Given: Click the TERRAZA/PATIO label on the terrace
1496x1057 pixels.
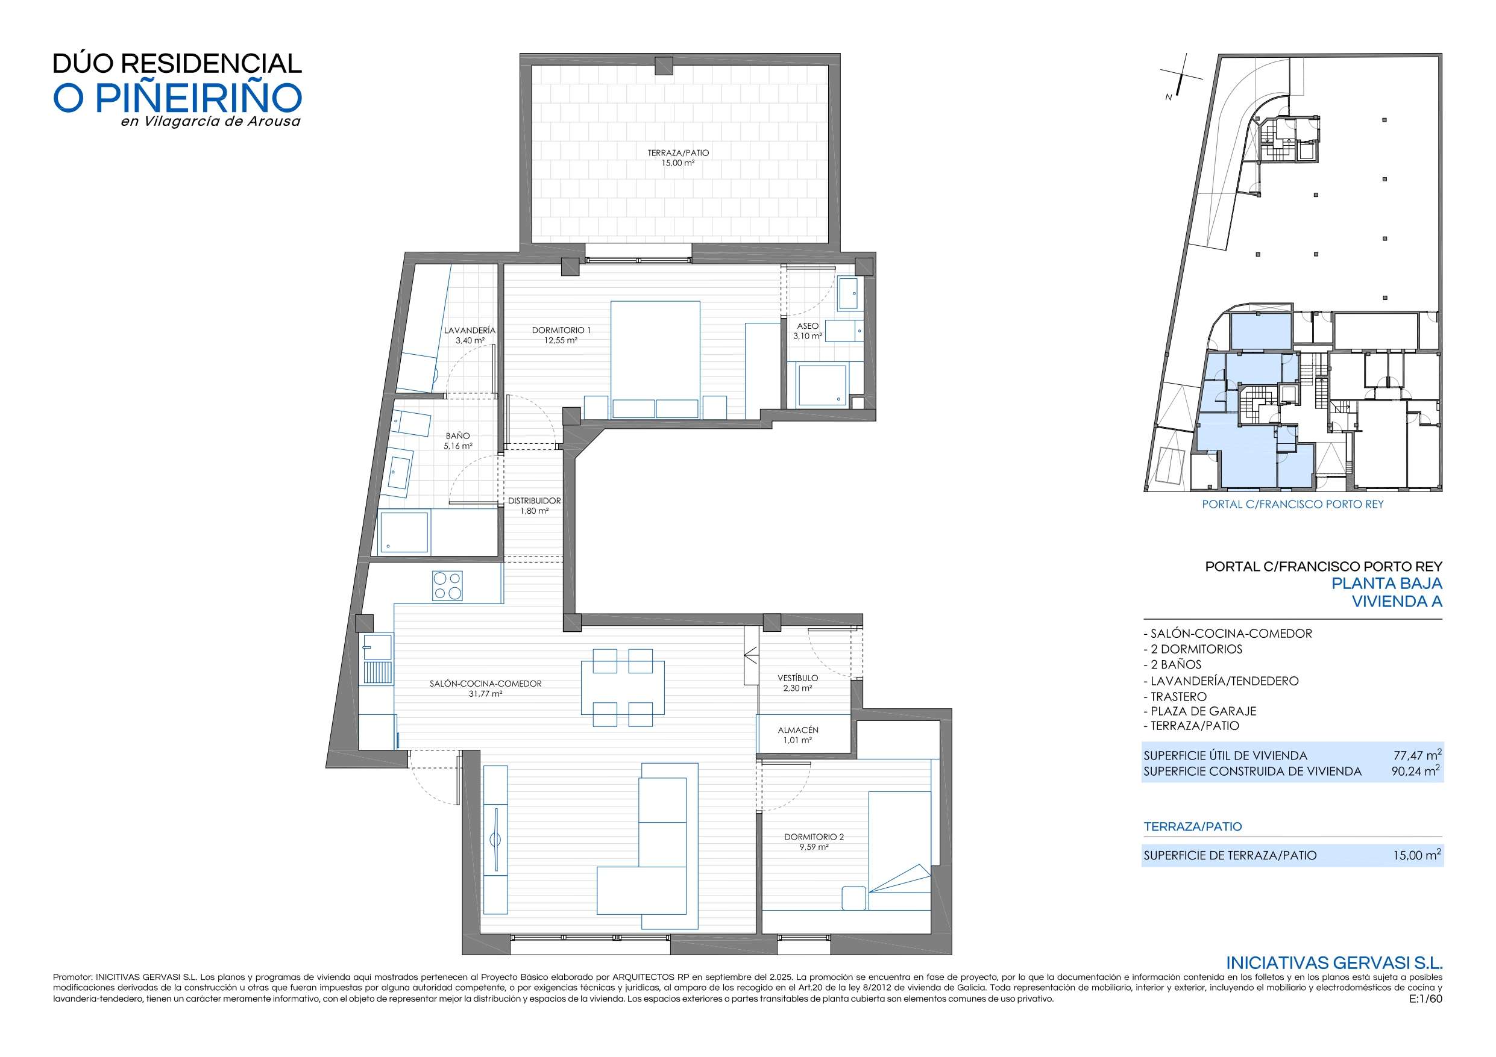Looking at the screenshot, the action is pos(677,153).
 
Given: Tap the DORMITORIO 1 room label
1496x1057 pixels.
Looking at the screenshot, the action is pos(561,330).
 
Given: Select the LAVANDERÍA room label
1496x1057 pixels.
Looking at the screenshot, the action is pos(470,330).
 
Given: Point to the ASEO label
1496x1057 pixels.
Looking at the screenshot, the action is pos(807,326).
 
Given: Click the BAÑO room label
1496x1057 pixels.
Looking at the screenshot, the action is pos(457,435).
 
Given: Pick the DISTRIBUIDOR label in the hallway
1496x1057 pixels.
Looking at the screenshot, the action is pos(534,501).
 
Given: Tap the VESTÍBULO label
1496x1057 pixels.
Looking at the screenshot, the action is pos(797,678).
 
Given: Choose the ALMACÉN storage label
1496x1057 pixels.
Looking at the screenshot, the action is pos(797,730).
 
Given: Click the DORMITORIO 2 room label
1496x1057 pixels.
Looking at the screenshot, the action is pos(814,837).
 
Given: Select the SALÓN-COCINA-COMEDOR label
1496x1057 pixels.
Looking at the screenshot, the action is pos(485,684).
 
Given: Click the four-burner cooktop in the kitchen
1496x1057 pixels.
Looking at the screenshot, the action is pos(448,585).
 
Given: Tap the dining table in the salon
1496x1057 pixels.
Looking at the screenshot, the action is pos(623,688).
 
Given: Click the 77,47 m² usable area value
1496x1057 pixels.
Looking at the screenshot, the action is pos(1416,755).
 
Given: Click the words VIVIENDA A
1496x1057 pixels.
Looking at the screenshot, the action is pos(1397,602).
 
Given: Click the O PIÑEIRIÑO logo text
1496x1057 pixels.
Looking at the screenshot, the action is pos(177,98).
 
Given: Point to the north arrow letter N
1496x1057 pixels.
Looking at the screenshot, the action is pos(1168,98).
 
